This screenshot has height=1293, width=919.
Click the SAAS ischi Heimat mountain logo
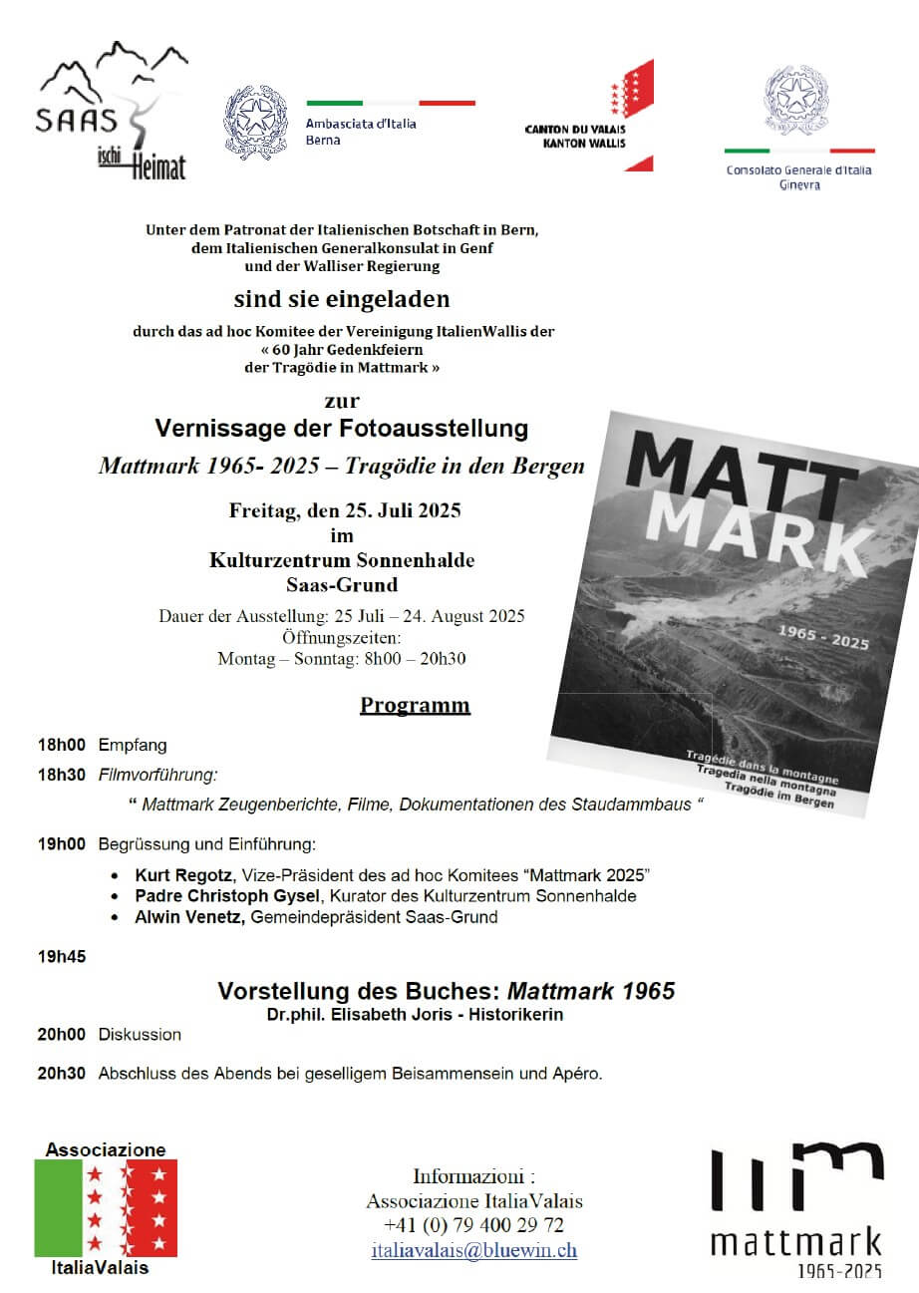(x=112, y=109)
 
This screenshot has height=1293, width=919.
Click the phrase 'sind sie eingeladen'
(x=342, y=299)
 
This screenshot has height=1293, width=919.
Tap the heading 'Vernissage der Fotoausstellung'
(x=342, y=429)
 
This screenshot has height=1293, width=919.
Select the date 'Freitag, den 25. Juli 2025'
(x=345, y=511)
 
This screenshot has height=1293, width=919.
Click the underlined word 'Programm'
(x=415, y=706)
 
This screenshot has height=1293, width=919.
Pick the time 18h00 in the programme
(x=62, y=745)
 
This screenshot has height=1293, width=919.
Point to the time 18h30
(x=62, y=775)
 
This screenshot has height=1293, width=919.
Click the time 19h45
(x=62, y=957)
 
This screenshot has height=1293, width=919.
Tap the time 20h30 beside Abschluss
(x=62, y=1074)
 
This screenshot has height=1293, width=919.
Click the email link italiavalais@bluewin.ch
(x=474, y=1250)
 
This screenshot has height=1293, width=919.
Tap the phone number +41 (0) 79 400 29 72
(x=474, y=1225)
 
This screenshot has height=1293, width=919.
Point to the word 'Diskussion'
(x=140, y=1035)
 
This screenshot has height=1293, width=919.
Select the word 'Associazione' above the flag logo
(x=106, y=1149)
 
